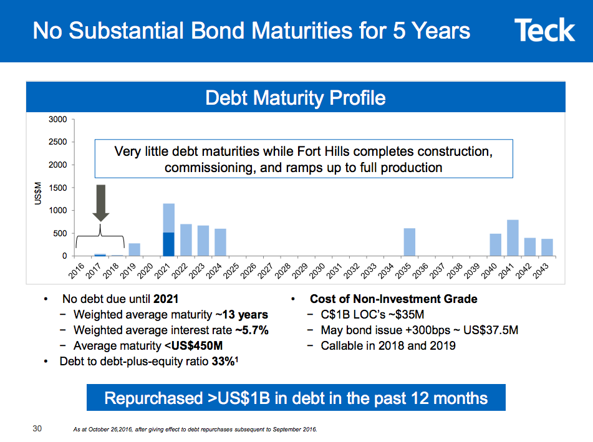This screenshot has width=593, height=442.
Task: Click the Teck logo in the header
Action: tap(544, 31)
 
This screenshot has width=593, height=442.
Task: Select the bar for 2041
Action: tap(513, 238)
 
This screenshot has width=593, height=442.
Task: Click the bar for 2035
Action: tap(409, 243)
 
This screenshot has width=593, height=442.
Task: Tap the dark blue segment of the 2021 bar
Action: tap(168, 244)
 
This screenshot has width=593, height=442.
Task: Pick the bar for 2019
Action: tap(134, 249)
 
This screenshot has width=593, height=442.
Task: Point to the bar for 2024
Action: tap(220, 243)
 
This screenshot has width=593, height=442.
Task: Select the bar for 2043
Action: tap(547, 247)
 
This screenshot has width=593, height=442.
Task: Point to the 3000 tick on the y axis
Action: tap(59, 119)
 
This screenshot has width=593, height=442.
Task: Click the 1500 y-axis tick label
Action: tap(59, 188)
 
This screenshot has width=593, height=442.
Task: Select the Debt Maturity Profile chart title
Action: tap(295, 98)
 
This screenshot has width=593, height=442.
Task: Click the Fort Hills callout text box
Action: tap(303, 160)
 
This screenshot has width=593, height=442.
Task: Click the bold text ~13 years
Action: tap(242, 314)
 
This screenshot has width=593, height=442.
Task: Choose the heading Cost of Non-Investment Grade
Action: tap(393, 299)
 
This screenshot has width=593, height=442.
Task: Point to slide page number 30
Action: tap(37, 428)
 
